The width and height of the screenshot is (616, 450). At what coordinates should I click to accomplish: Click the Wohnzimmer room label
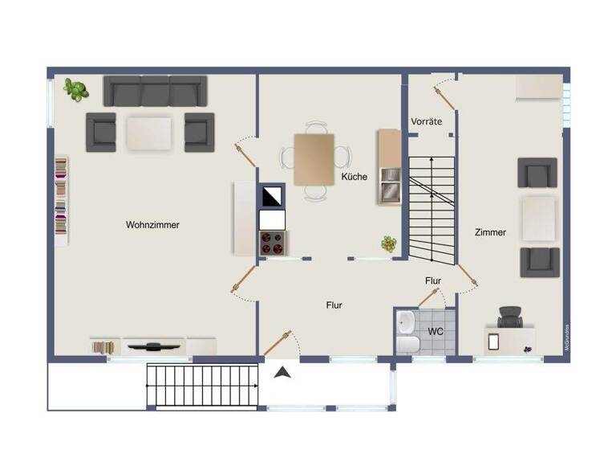152,225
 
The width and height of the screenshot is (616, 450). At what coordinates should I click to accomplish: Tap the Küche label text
354,177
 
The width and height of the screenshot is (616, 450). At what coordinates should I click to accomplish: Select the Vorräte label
427,121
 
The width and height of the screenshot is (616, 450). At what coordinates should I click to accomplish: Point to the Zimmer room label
490,232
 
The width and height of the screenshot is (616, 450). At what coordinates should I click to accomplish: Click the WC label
436,331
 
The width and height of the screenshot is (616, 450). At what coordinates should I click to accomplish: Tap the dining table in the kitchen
314,159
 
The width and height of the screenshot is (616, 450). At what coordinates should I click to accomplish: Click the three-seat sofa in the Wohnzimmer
156,92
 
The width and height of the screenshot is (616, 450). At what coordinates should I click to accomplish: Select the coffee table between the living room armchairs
149,133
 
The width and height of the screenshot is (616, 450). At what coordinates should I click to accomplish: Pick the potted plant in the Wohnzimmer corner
76,89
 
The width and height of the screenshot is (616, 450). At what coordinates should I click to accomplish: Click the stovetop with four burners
272,242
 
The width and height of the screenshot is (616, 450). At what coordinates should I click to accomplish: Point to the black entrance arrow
282,372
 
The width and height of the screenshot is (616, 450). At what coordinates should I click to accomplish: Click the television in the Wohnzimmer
152,347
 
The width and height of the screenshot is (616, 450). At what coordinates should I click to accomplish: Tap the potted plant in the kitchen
389,243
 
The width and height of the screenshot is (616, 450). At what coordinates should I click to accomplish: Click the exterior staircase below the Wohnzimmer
204,387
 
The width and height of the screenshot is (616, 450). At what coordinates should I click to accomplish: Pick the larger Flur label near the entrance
334,305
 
